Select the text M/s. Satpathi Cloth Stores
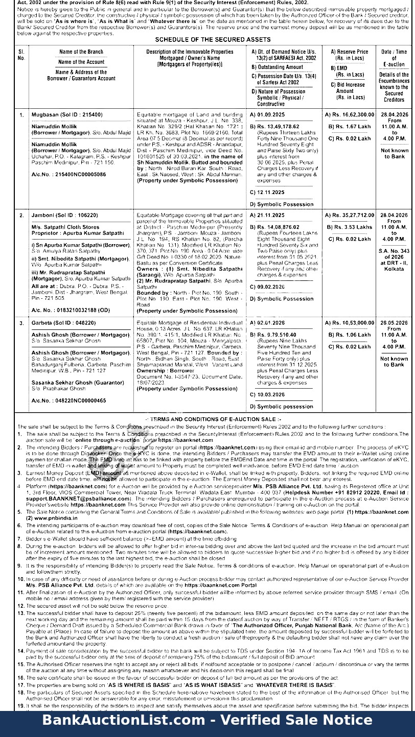pos(65,227)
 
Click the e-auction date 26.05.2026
pos(394,323)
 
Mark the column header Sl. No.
pos(21,55)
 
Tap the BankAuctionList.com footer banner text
pos(207,721)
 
